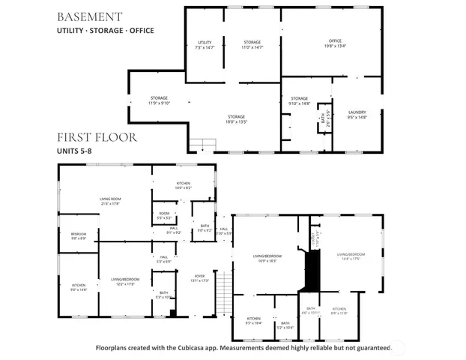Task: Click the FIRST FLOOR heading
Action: [x=97, y=137]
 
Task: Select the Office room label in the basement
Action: [x=335, y=43]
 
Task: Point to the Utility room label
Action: [x=205, y=44]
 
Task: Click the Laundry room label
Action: [x=357, y=114]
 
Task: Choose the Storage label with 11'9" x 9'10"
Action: [x=158, y=100]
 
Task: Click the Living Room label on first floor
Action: [x=110, y=201]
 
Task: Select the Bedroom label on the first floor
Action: [x=78, y=236]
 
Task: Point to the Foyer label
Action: [x=200, y=277]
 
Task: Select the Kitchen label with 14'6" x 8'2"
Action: [x=183, y=185]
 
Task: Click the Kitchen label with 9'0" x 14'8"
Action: [x=79, y=287]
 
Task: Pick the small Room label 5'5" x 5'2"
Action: [x=164, y=215]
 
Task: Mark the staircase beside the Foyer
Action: [x=221, y=289]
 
